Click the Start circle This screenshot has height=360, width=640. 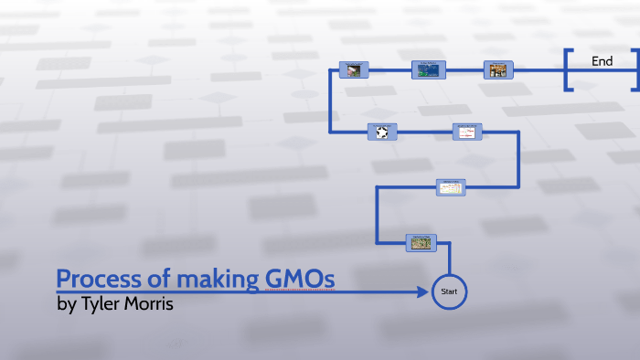tap(449, 292)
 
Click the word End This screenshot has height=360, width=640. tap(602, 61)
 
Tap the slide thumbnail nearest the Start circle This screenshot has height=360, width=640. tap(421, 242)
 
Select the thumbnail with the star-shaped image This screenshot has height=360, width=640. tap(382, 132)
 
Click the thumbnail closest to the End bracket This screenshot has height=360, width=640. tap(498, 69)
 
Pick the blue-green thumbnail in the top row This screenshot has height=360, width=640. tap(426, 69)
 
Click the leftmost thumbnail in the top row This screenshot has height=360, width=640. tap(353, 69)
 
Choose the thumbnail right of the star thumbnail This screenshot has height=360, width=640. tap(466, 132)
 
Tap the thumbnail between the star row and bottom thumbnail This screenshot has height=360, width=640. tap(451, 186)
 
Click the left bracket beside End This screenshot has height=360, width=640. tap(569, 69)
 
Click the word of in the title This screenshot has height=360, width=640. tap(156, 278)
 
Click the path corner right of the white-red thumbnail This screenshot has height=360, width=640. tap(518, 132)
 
